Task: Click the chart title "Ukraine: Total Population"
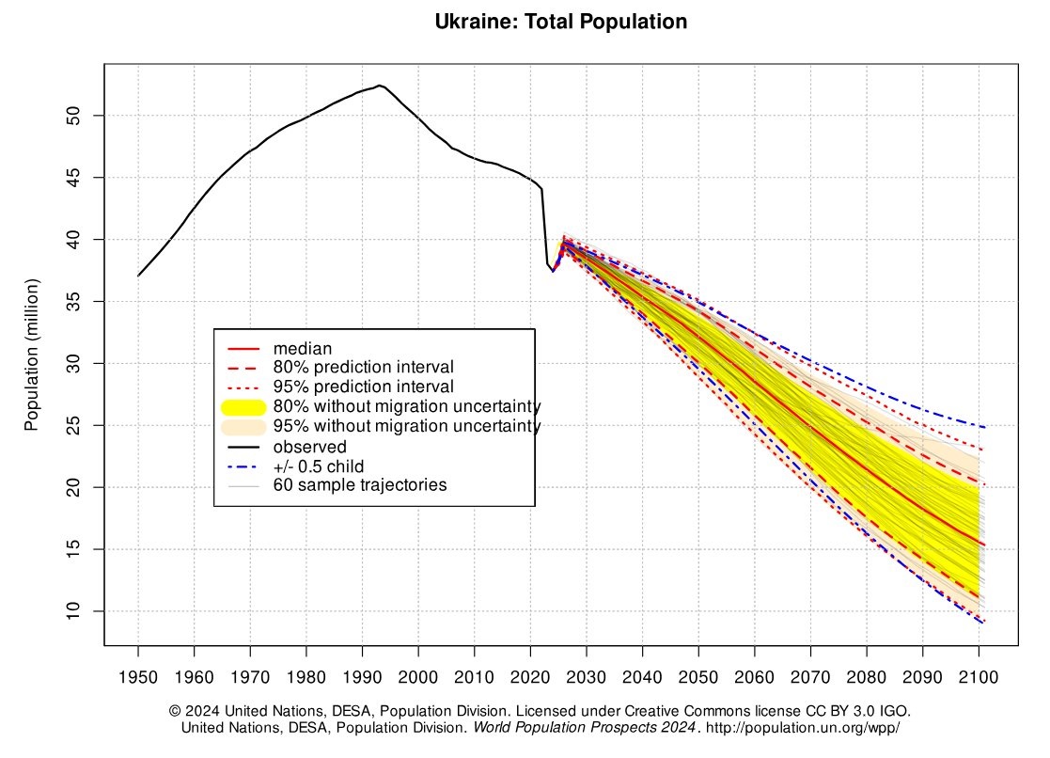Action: (561, 22)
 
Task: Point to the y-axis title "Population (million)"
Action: (32, 355)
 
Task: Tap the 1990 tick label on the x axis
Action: (362, 677)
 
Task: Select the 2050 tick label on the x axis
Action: (698, 677)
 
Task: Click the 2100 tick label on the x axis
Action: (979, 677)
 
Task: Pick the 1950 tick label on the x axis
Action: (138, 677)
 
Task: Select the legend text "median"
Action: (303, 349)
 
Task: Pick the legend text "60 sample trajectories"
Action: (359, 485)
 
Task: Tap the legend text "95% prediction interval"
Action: (363, 387)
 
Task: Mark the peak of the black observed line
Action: (379, 86)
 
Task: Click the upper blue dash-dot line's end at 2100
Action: (984, 428)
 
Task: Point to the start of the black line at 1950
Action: (138, 276)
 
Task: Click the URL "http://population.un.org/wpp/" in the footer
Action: (804, 728)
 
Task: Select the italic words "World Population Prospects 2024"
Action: (585, 728)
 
